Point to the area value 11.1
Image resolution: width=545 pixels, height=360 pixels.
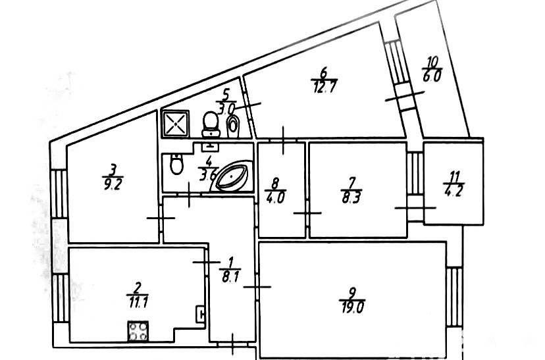[138, 300]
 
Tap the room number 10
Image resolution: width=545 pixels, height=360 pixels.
[432, 63]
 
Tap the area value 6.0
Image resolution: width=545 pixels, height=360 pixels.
[432, 75]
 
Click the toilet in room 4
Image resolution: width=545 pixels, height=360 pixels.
[176, 164]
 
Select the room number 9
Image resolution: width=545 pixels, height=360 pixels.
[353, 292]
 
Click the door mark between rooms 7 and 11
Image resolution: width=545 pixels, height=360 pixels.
[415, 207]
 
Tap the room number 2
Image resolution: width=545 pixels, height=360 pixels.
[138, 288]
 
